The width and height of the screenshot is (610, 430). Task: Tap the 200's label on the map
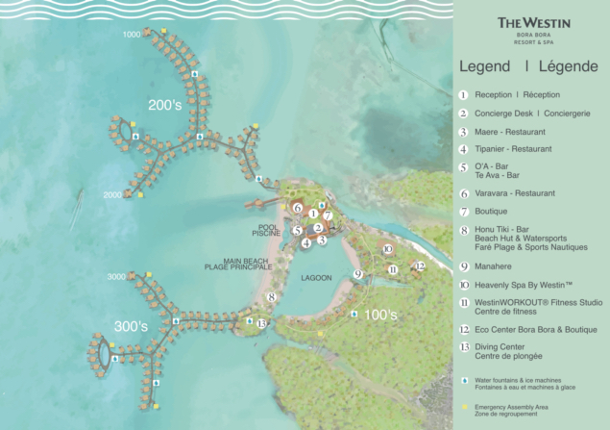pyautogui.click(x=164, y=104)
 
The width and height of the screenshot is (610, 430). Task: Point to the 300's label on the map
pyautogui.click(x=132, y=327)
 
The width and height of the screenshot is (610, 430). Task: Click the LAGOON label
pyautogui.click(x=315, y=278)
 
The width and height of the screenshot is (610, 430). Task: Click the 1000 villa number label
pyautogui.click(x=132, y=35)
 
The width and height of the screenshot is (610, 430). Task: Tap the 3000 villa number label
pyautogui.click(x=115, y=276)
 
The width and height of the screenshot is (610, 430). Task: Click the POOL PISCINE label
pyautogui.click(x=268, y=231)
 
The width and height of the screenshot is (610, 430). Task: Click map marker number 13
pyautogui.click(x=261, y=323)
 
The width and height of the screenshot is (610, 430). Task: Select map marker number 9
pyautogui.click(x=356, y=274)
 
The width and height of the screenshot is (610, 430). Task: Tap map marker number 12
pyautogui.click(x=419, y=266)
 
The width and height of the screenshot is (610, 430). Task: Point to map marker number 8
pyautogui.click(x=272, y=297)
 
